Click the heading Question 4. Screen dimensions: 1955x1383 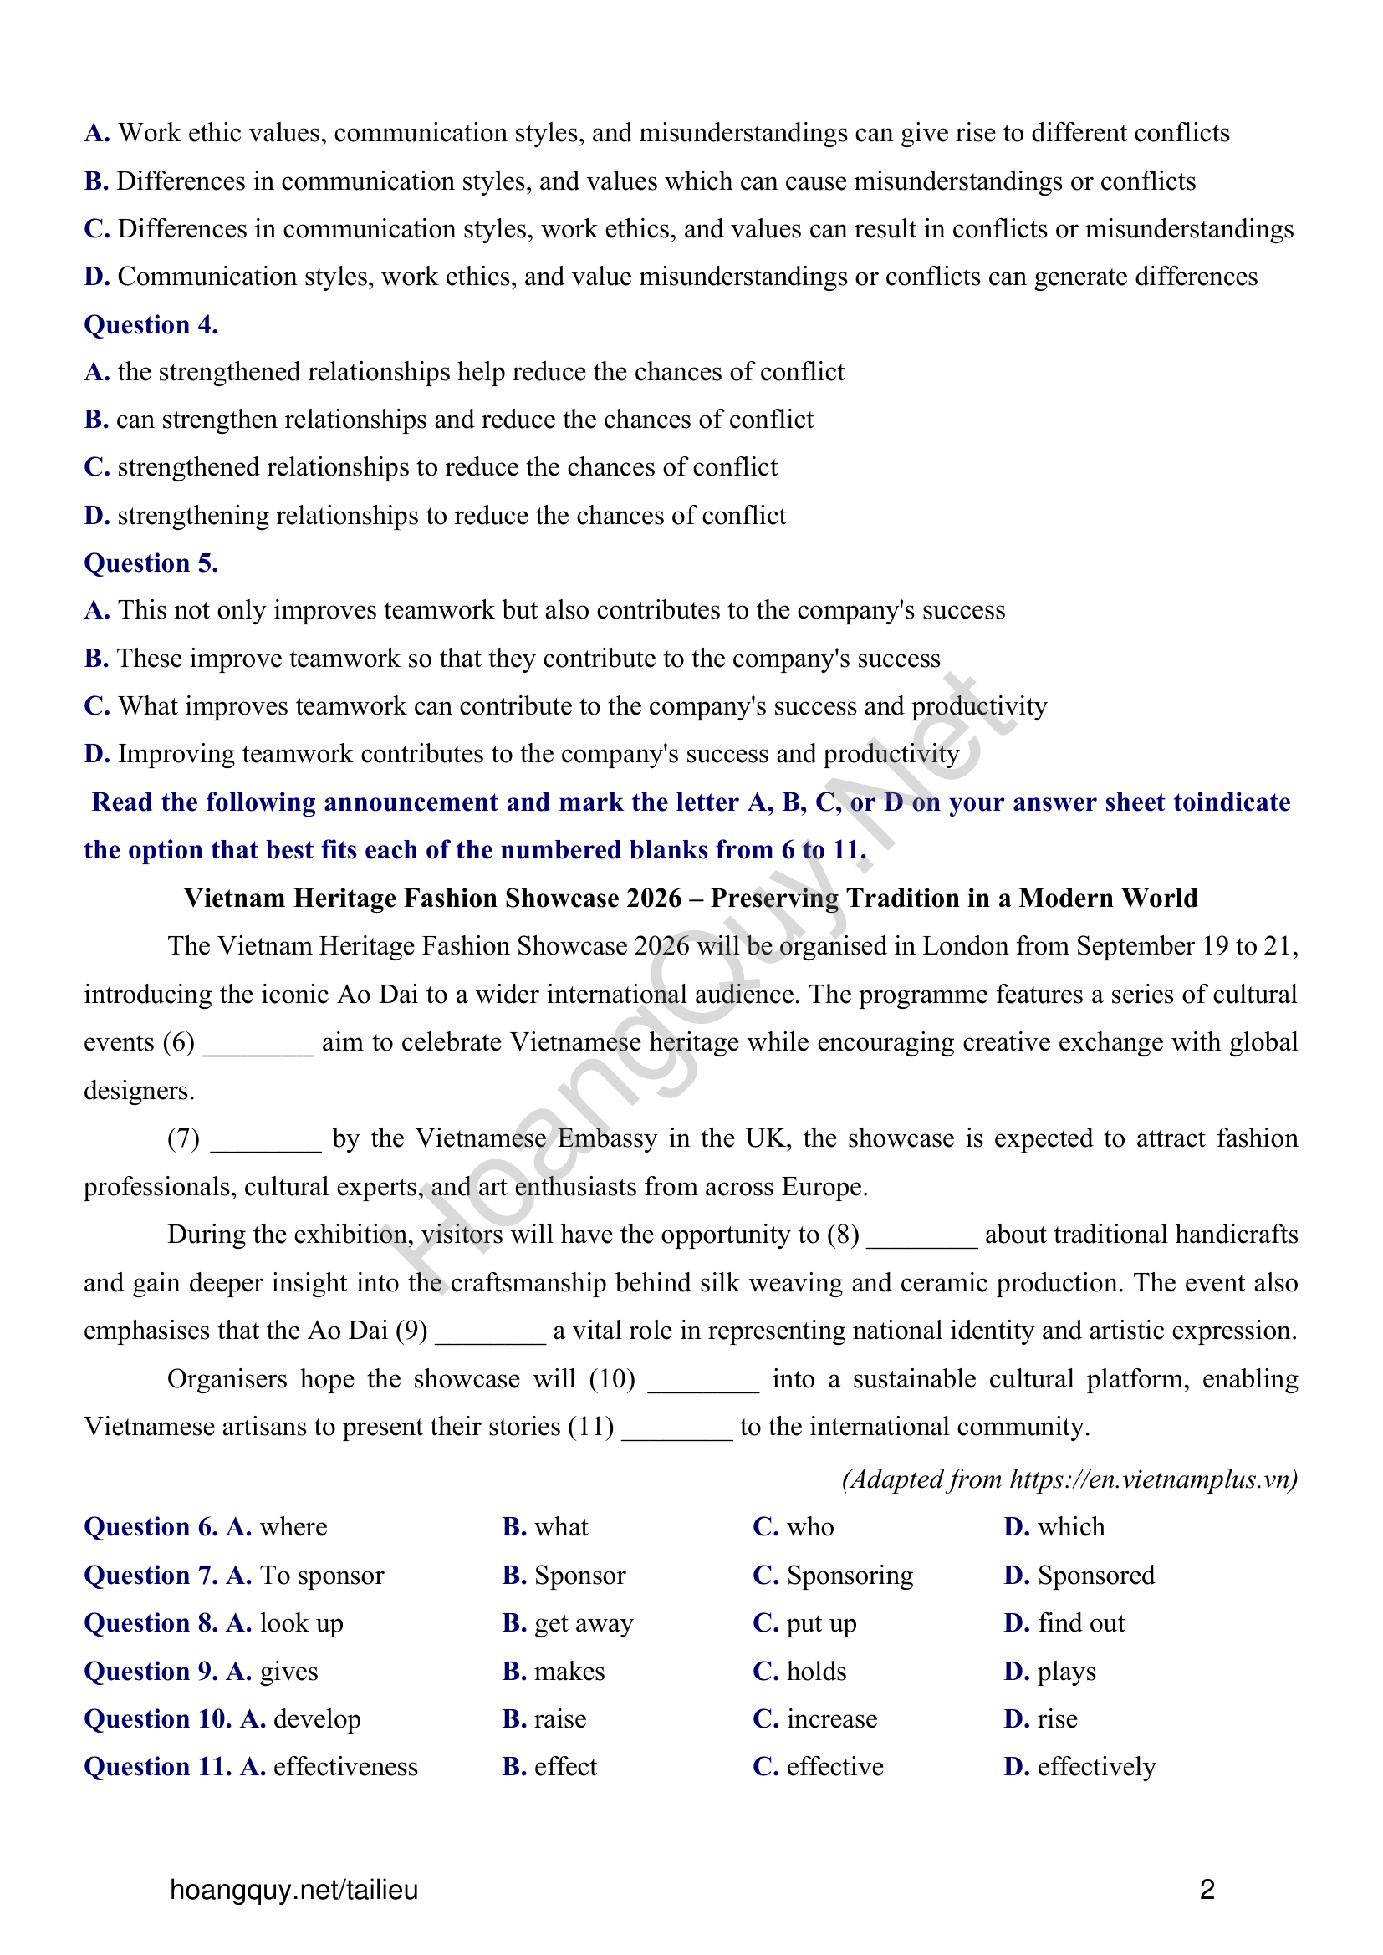(151, 324)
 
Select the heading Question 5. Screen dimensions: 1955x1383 (151, 563)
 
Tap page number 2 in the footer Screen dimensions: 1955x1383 (1207, 1890)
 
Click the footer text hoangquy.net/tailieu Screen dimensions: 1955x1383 (293, 1890)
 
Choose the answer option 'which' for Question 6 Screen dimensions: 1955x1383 (1070, 1527)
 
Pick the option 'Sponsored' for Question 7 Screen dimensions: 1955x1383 (1095, 1576)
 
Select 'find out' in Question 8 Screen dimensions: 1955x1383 (1080, 1623)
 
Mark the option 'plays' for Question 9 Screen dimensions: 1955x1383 (1066, 1672)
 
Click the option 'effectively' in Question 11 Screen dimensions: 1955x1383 (1096, 1767)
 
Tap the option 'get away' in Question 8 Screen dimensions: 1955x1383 (584, 1623)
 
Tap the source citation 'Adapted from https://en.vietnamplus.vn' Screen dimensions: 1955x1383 (1069, 1479)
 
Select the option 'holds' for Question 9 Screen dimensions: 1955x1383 (816, 1672)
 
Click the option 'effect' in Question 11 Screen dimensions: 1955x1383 (565, 1767)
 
